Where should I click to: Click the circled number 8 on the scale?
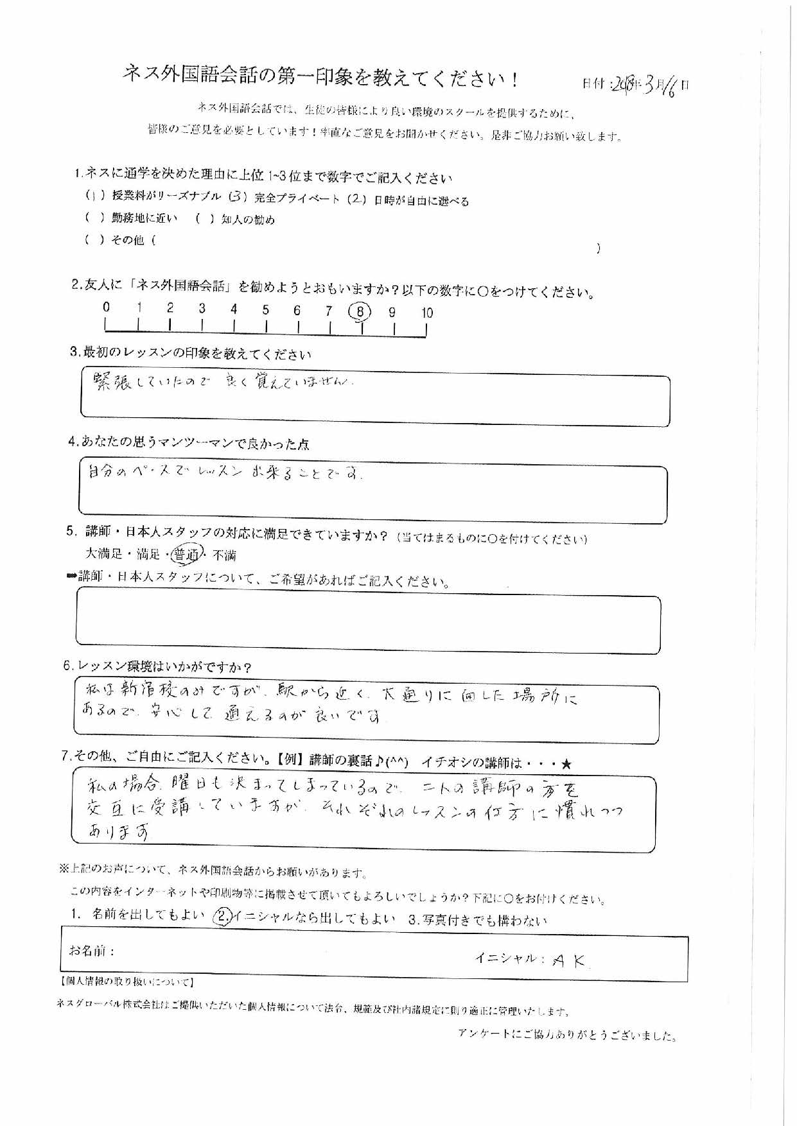coord(360,312)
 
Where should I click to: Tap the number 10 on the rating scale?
coord(427,313)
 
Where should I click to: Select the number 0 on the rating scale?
coord(106,307)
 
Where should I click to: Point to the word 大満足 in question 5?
coord(103,553)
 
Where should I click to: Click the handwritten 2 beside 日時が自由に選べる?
coord(356,199)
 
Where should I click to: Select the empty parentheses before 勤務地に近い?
coord(94,218)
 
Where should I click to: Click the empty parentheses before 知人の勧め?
coord(204,219)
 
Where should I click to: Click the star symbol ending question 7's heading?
coord(566,763)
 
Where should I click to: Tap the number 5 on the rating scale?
coord(265,310)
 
